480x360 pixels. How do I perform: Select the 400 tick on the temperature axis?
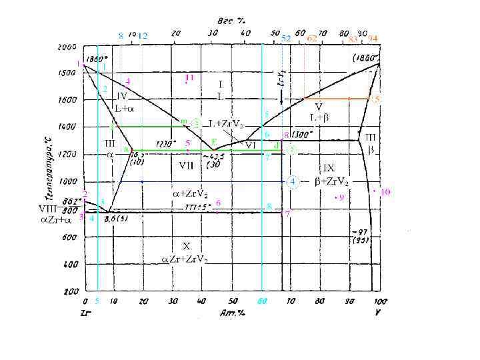tap(69, 264)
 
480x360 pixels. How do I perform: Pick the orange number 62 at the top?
tap(312, 38)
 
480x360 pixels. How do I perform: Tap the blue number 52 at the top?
tap(285, 38)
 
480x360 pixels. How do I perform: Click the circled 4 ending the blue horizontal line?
tap(291, 181)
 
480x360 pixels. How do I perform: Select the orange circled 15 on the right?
tap(375, 99)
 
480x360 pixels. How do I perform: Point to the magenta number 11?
tap(189, 78)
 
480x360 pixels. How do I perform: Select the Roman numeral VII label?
tap(187, 163)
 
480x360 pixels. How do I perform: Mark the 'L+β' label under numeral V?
tap(319, 117)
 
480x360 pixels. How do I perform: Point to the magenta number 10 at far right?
tap(385, 191)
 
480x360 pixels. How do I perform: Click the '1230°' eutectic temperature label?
tap(165, 143)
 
